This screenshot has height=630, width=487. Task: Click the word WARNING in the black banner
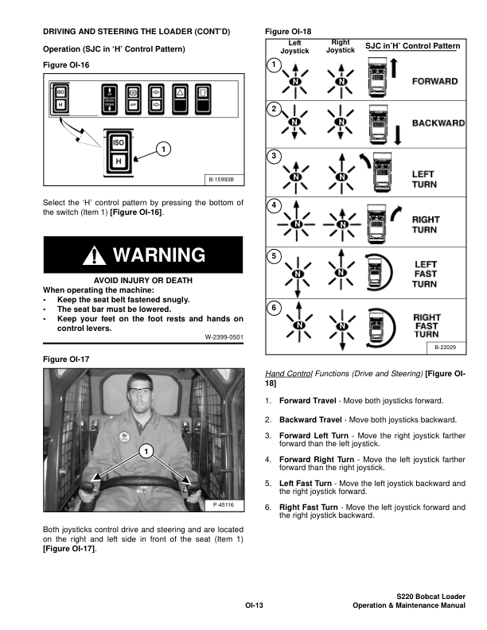(x=160, y=255)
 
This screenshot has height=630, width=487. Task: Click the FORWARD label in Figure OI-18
(x=434, y=82)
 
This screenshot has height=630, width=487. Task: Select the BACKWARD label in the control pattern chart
(x=438, y=123)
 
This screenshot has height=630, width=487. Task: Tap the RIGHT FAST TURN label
(x=427, y=326)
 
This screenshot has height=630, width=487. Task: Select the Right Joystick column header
(x=341, y=46)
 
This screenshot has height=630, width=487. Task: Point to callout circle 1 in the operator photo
(x=146, y=453)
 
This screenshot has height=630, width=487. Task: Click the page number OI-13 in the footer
(x=254, y=606)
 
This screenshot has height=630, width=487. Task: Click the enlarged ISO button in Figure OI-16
(x=118, y=143)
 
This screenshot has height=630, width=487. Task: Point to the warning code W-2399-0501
(x=224, y=337)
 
